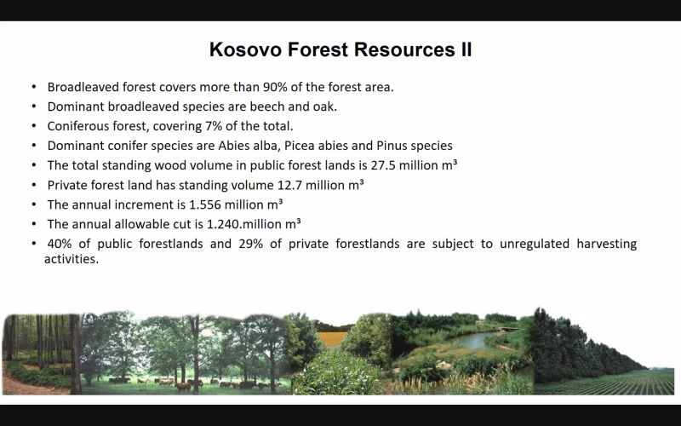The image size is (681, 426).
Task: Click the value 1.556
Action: coord(205,204)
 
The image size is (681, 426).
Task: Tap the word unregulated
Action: coord(535,244)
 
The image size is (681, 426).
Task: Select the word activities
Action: coord(72,259)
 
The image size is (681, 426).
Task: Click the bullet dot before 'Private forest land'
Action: coord(34,185)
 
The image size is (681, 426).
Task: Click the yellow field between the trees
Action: coord(332,339)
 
